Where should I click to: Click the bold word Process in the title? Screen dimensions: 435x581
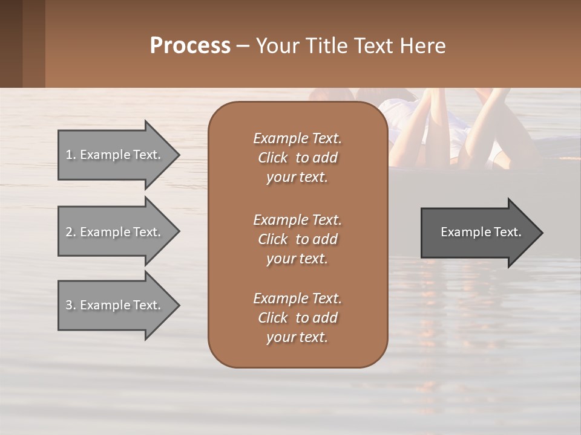pos(190,45)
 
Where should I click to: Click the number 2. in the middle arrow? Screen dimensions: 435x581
pos(71,232)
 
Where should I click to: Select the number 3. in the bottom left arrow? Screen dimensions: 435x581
pos(71,305)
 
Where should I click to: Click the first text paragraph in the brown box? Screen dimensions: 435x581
pos(297,158)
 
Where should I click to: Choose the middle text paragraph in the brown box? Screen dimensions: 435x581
pos(297,239)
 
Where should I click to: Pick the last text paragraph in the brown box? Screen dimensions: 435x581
pos(297,318)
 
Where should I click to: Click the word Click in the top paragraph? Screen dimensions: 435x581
pos(272,158)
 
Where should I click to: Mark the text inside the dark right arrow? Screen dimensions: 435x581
pos(481,232)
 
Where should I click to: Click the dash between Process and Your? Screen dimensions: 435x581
pos(243,46)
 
